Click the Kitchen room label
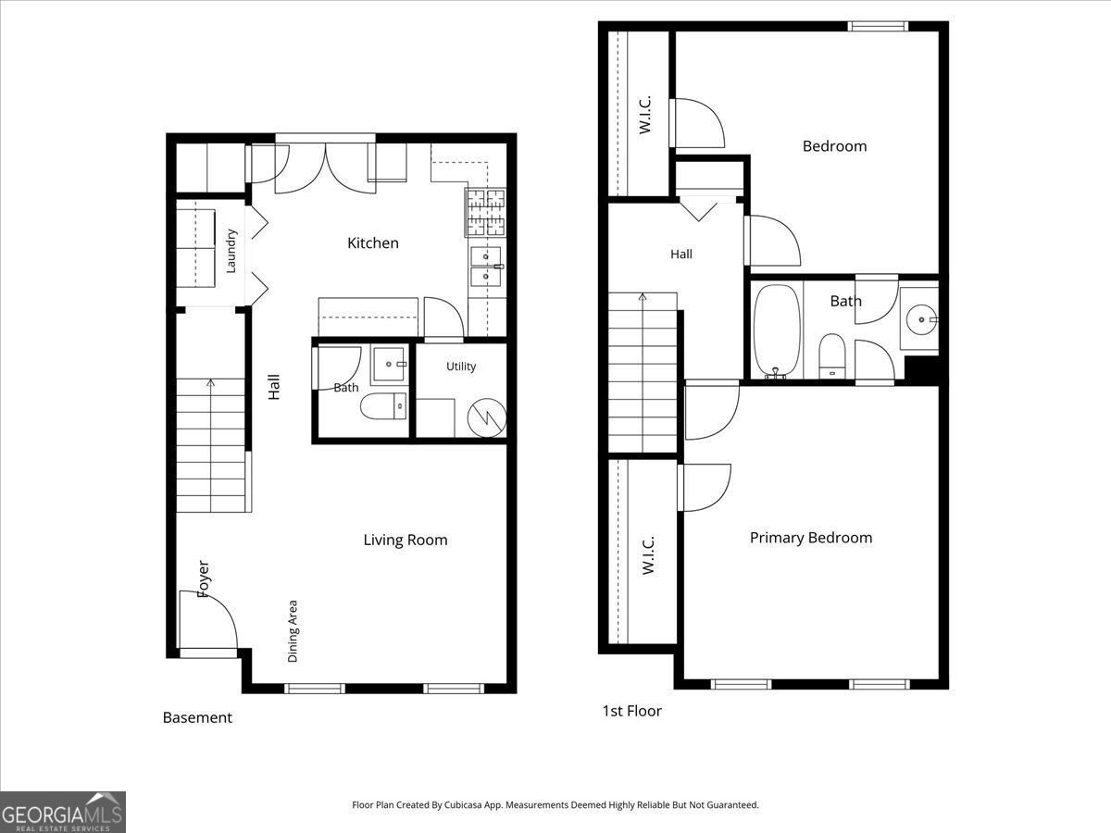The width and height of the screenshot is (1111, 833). [x=373, y=243]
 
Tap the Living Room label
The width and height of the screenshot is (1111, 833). [x=406, y=541]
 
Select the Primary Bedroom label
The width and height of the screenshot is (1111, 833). [x=811, y=538]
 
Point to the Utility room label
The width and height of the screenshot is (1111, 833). [x=461, y=367]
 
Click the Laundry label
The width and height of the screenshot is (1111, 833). [x=231, y=251]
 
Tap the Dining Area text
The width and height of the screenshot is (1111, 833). [x=293, y=631]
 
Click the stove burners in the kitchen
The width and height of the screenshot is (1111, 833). [x=486, y=213]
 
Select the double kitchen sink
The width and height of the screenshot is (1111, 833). [x=486, y=267]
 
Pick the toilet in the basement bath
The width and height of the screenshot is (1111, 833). [x=383, y=406]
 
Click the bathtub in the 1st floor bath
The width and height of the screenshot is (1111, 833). [x=777, y=330]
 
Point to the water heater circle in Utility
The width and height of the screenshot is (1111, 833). [x=487, y=417]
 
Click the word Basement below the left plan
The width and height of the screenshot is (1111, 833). [x=197, y=717]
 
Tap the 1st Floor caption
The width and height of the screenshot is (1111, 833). [x=631, y=711]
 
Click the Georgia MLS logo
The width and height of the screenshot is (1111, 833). [x=63, y=812]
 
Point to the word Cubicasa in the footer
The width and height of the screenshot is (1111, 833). [x=464, y=804]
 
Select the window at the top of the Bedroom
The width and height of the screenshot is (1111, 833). [x=878, y=26]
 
